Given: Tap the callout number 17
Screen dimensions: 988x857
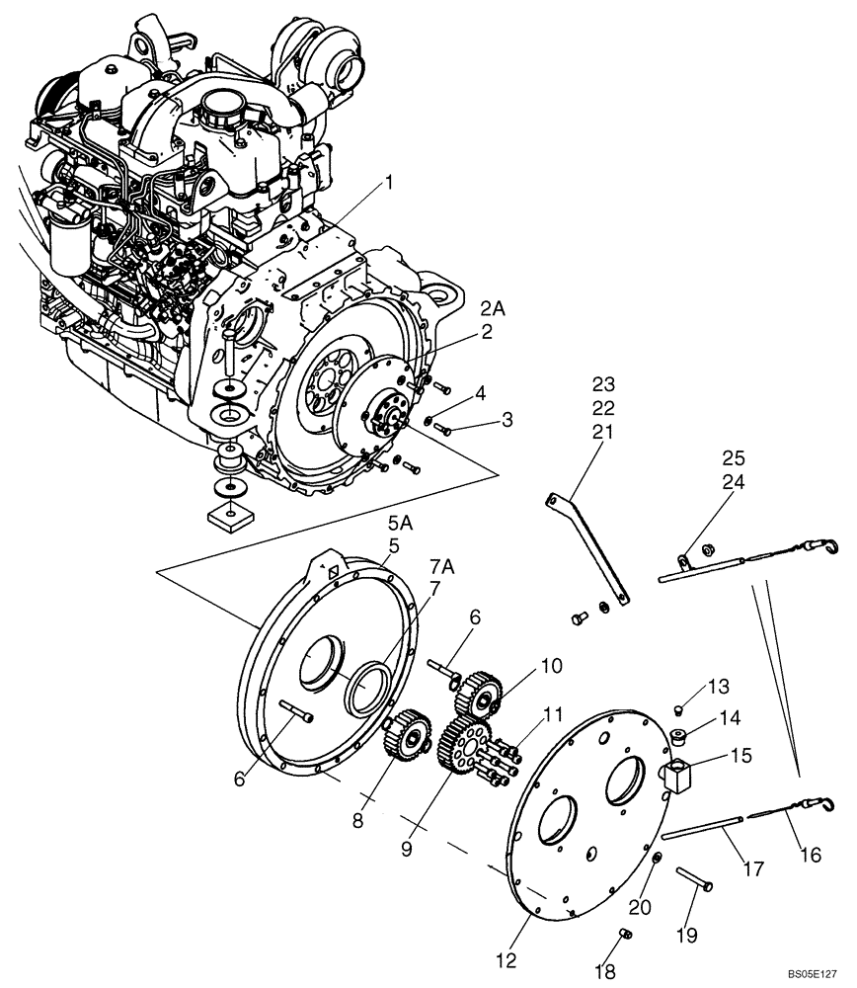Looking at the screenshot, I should pyautogui.click(x=753, y=870).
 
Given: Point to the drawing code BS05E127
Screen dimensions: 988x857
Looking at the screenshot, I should pyautogui.click(x=815, y=972).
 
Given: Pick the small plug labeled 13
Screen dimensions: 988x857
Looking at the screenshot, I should pyautogui.click(x=677, y=709).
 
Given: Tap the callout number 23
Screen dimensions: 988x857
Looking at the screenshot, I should pyautogui.click(x=603, y=382).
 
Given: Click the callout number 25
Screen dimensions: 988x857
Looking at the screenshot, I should pyautogui.click(x=735, y=458).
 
